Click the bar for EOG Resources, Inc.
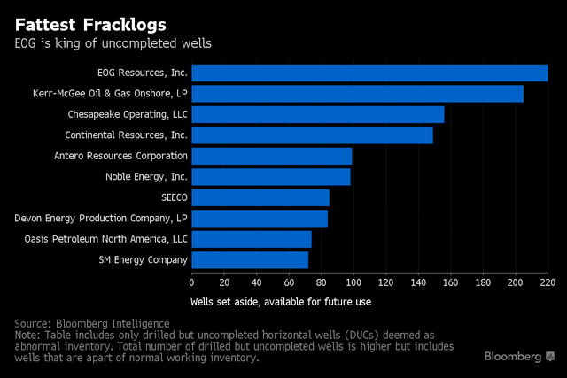tap(369, 73)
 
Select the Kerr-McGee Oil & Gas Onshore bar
tap(357, 94)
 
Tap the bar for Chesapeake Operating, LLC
tap(317, 114)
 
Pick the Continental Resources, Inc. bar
tap(312, 135)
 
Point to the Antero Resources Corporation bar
tap(272, 156)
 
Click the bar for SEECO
tap(260, 197)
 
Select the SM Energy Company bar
tap(250, 259)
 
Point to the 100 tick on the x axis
tap(353, 282)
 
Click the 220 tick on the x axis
tap(547, 282)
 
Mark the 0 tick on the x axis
tap(192, 282)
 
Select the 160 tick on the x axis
tap(450, 282)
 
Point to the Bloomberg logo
tap(518, 357)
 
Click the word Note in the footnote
tap(27, 336)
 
